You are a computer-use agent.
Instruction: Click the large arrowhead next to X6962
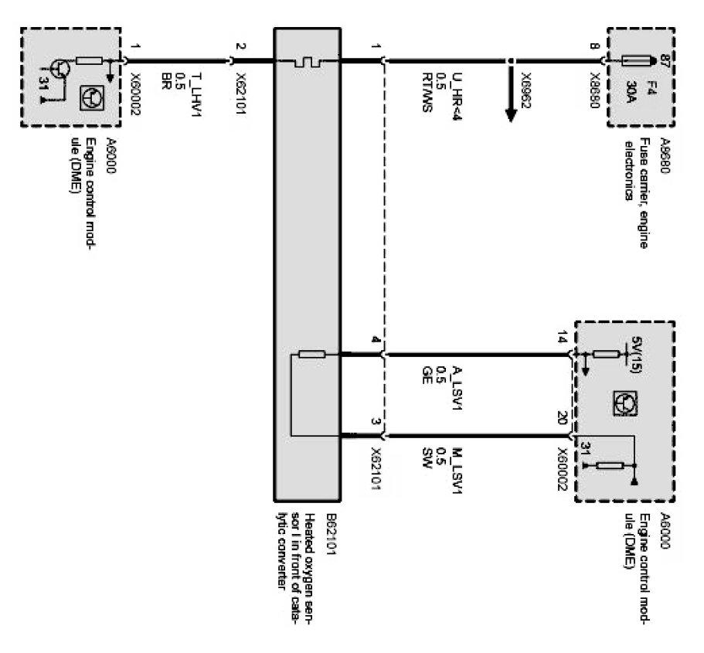coord(511,112)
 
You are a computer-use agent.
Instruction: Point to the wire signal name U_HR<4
coord(458,91)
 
